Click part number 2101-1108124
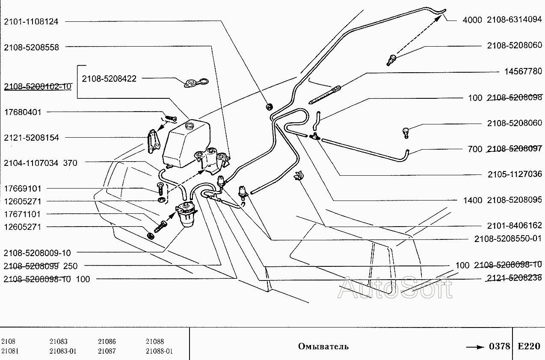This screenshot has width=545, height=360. coord(32,21)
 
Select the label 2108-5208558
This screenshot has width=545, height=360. coord(32,47)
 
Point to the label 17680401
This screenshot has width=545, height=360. coord(23,112)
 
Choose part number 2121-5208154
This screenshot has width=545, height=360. coord(32,138)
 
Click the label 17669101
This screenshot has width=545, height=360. coord(23,189)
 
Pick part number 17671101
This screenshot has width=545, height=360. coord(23,214)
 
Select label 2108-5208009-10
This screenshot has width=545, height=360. coord(37,253)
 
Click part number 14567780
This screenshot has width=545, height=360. coord(523,71)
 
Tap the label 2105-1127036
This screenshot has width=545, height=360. coord(515,174)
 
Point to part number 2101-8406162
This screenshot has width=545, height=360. coord(515,225)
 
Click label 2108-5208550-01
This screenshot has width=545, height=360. coord(508,239)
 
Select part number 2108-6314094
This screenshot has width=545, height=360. coord(515,20)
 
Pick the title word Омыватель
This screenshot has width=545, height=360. coord(323,346)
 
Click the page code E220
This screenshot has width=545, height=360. coord(529,346)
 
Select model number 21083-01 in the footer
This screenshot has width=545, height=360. coord(63,351)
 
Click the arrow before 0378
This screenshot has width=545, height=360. coord(475,346)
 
